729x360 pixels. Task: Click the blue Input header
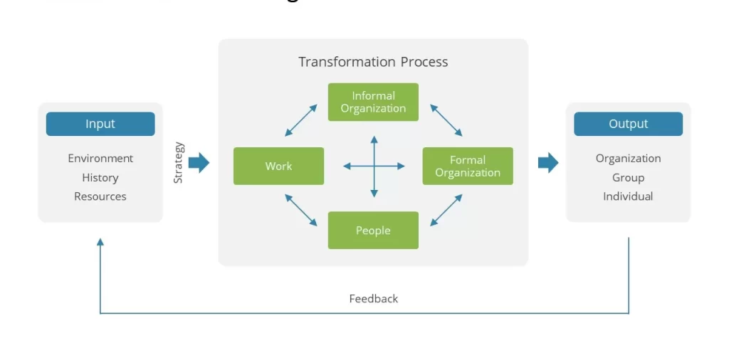click(x=100, y=124)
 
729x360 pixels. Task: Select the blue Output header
click(x=628, y=124)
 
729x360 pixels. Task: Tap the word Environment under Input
click(x=100, y=158)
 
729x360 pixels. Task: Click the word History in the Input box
click(x=100, y=177)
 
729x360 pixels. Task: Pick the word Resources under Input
click(x=100, y=196)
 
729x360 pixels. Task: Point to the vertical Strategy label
click(x=179, y=163)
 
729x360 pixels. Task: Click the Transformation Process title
click(x=373, y=62)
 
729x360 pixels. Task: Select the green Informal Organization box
click(x=373, y=102)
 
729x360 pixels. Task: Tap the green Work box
click(x=278, y=166)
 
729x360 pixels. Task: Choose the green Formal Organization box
click(x=468, y=166)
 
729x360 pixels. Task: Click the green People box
click(x=373, y=231)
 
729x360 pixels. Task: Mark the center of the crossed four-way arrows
click(x=374, y=166)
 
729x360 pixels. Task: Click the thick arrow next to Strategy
click(x=199, y=163)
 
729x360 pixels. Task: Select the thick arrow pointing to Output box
click(x=548, y=163)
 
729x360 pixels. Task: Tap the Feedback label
click(x=373, y=299)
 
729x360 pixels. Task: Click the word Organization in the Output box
click(x=628, y=158)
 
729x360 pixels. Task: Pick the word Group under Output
click(x=628, y=177)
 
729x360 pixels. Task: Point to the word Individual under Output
click(x=628, y=196)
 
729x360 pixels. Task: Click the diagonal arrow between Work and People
click(x=301, y=210)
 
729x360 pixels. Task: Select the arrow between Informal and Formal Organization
click(x=446, y=120)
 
